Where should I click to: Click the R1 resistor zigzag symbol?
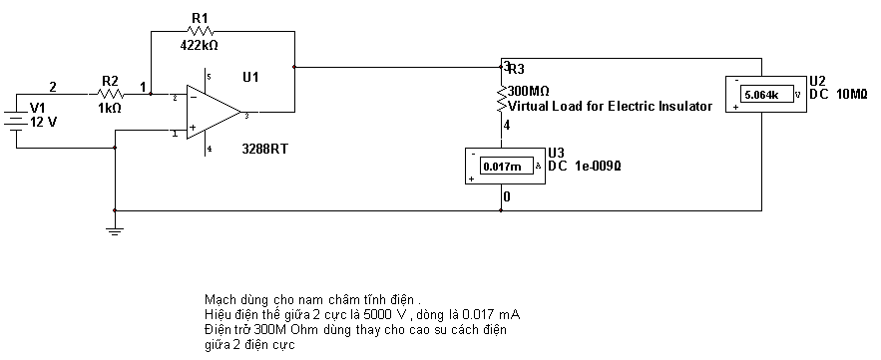[201, 31]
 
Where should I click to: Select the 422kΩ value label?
[199, 46]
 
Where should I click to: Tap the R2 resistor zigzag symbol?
[111, 94]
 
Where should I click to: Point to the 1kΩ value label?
[109, 109]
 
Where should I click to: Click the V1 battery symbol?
[16, 121]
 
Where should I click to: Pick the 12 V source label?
[43, 122]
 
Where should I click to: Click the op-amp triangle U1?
[214, 113]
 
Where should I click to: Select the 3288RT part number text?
[264, 150]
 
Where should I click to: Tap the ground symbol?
[115, 227]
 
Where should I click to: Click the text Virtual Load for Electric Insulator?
[611, 106]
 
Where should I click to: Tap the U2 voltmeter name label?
[816, 82]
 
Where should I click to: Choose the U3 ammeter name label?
[556, 154]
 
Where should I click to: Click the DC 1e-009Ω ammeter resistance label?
[585, 166]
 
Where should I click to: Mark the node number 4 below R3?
[507, 126]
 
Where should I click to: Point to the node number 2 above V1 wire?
[53, 87]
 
